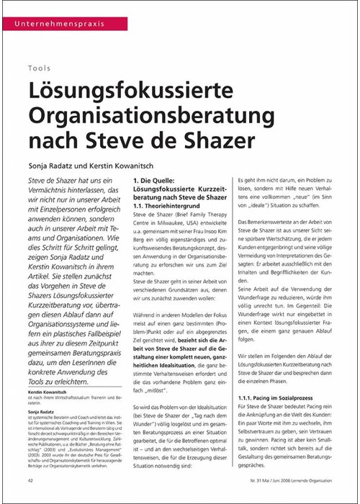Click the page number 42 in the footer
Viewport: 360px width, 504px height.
point(31,479)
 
